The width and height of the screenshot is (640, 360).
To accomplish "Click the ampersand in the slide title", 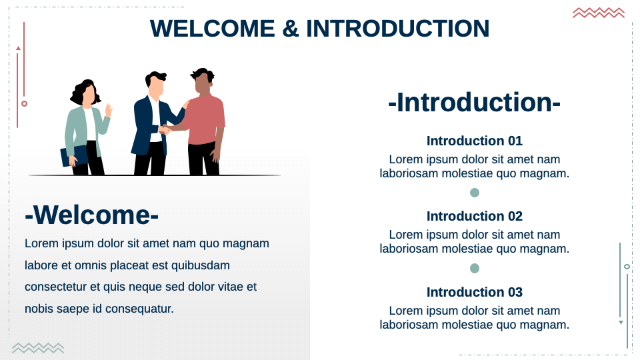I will pos(290,29).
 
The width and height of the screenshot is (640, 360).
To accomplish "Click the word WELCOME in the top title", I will pos(212,29).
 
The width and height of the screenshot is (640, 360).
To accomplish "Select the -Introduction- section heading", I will pos(474,103).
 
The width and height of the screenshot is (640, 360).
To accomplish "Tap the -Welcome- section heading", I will pos(92,215).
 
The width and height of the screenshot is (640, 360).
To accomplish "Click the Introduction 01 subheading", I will pos(474,141).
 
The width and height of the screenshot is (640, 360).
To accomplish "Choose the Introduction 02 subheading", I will pos(474,216).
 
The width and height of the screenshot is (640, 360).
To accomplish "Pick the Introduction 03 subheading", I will pos(474,292).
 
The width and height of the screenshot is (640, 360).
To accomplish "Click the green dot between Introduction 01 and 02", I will pos(475,193).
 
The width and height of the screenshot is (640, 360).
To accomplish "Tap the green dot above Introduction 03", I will pos(475,268).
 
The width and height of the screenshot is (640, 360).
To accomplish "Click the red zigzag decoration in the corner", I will pos(598,13).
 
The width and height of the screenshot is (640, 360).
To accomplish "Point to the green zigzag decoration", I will pos(38,348).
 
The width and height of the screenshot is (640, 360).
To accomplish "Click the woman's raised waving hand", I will pos(109,109).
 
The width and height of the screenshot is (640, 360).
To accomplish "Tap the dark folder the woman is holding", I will pos(74,156).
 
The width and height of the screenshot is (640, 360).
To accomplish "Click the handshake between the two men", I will pos(165,129).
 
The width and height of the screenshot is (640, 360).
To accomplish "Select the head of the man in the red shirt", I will pos(202,82).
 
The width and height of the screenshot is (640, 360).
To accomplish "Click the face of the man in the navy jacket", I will pos(155,86).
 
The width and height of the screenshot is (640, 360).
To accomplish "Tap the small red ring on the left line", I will pos(24,103).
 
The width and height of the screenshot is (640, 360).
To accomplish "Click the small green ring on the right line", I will pos(627,267).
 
